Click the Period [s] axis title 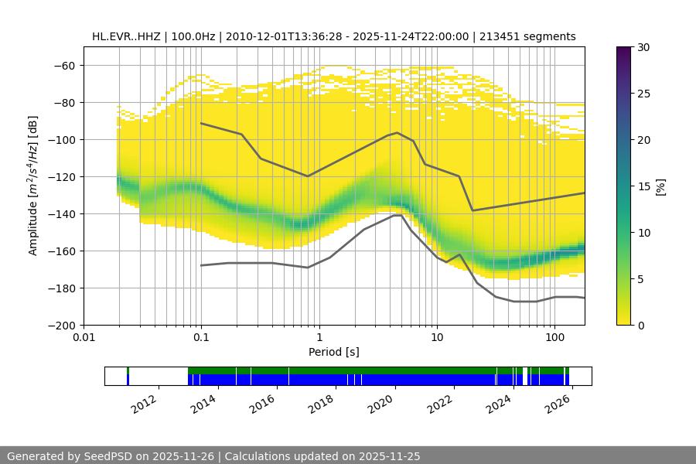(x=334, y=352)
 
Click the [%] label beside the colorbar (x=660, y=186)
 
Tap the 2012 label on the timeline (x=145, y=404)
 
